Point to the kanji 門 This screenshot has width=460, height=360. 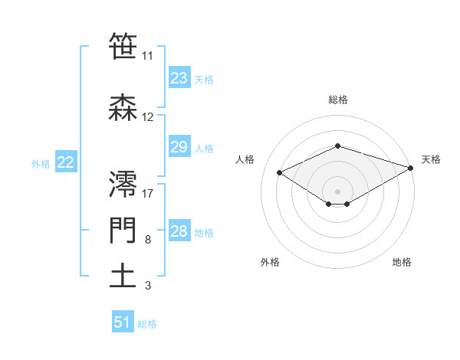coord(123,231)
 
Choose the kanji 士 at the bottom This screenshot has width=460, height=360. coord(123,275)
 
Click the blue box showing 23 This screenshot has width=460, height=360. coord(179,78)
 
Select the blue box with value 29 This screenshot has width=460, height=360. coord(179,147)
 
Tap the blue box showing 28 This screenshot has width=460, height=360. coord(179,231)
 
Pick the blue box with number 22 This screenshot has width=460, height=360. coord(65,162)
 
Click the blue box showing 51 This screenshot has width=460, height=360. coord(123,322)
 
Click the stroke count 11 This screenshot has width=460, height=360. coord(148,56)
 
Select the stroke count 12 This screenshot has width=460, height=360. coord(148,117)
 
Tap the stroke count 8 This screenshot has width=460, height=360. coord(147,241)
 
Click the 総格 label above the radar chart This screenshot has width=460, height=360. coord(337,100)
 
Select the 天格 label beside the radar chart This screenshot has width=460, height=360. coord(431,159)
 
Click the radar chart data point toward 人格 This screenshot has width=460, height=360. coord(279,172)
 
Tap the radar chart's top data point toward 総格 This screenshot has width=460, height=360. coord(337,146)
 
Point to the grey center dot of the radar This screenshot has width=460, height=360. coord(337,191)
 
